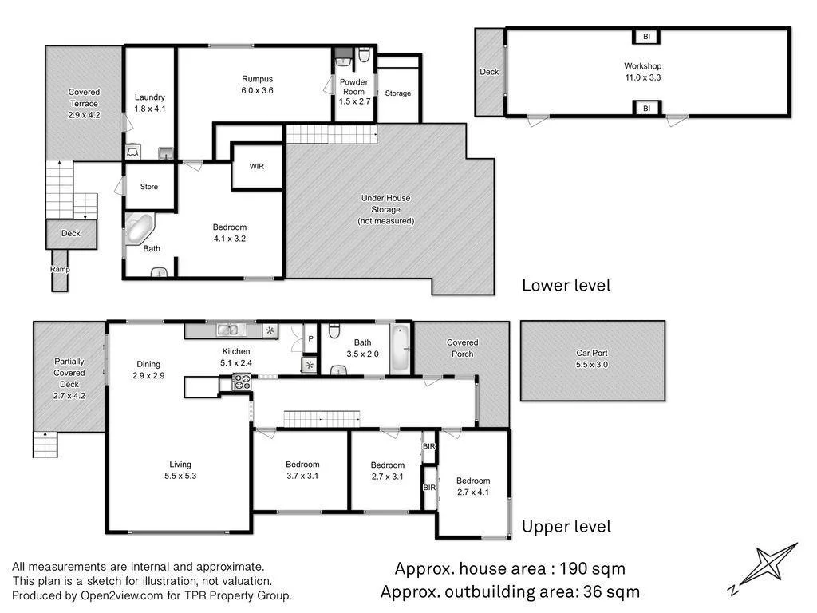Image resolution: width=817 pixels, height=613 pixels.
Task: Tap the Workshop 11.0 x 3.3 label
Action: point(642,72)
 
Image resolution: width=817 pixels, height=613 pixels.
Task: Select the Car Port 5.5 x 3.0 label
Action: point(592,358)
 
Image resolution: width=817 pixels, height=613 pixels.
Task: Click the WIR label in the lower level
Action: point(256,167)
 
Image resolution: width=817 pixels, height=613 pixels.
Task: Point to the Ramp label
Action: point(61,269)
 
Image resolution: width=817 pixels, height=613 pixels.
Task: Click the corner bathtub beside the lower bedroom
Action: point(141,231)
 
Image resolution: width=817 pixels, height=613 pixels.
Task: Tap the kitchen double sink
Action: point(227,329)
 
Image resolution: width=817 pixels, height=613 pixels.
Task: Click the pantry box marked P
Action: point(310,338)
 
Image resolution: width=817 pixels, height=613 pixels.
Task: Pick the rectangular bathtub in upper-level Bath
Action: point(401,349)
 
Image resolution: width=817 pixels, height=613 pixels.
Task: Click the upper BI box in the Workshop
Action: point(647,37)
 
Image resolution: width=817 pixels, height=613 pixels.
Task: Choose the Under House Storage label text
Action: point(385,209)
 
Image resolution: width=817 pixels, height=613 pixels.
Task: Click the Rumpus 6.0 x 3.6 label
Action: point(257,85)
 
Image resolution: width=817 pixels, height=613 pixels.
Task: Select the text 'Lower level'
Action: point(566,285)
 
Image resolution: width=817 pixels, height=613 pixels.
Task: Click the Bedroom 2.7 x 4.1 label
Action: point(473,486)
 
